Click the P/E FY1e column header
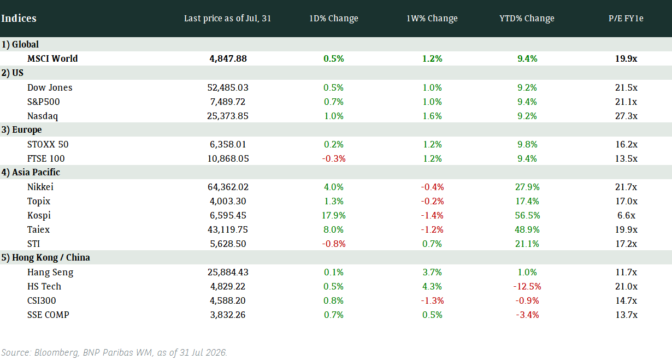coord(626,18)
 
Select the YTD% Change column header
coord(527,18)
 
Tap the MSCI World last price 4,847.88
coord(228,58)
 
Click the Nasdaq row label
coord(43,116)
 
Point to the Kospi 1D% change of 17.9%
coord(334,215)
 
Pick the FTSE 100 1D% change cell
coord(334,159)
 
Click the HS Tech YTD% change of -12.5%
coord(527,286)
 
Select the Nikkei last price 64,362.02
coord(228,187)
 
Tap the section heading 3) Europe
coord(21,130)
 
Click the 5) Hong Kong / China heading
coord(45,258)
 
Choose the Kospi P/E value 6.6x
coord(626,215)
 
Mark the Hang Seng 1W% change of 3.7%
coord(432,273)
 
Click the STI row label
coord(34,244)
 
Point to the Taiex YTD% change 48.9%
coord(527,230)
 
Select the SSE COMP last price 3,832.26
coord(228,315)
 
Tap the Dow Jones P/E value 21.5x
coord(626,87)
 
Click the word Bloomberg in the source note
coord(57,352)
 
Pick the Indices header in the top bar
coord(19,18)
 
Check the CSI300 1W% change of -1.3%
coord(432,300)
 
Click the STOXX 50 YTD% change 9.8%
coord(527,145)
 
